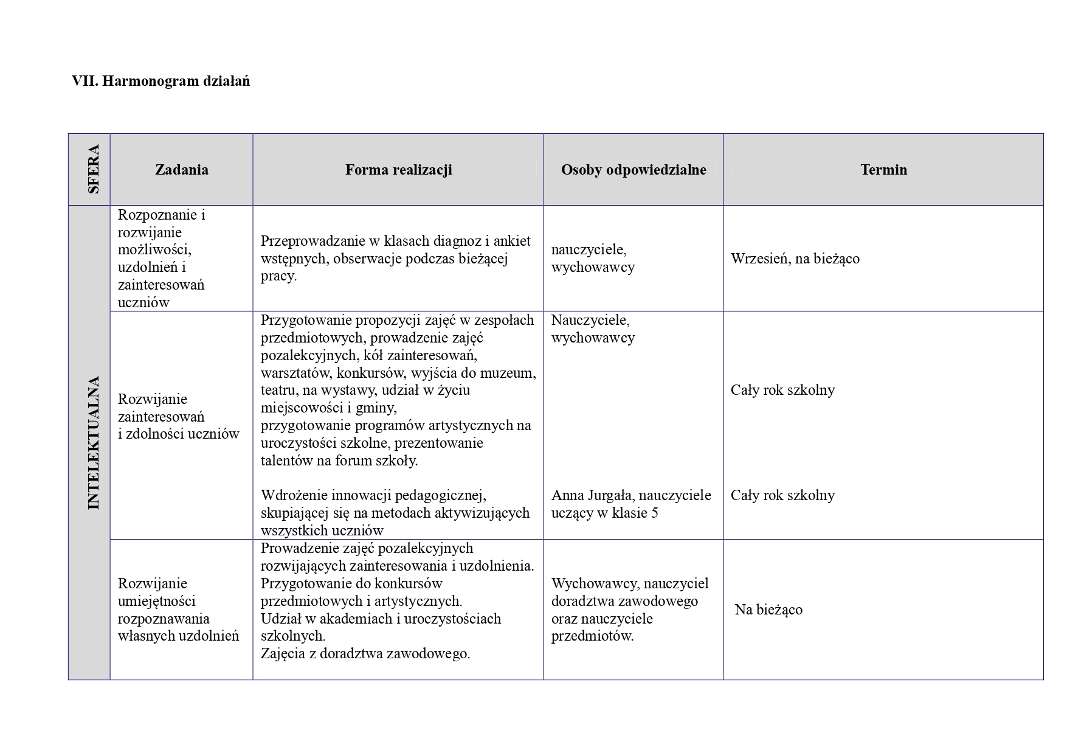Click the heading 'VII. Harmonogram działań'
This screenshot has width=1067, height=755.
161,81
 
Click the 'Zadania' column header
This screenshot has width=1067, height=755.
181,170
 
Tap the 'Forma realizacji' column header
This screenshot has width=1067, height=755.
398,170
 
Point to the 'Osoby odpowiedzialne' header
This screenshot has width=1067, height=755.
633,170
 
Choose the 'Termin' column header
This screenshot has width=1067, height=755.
883,170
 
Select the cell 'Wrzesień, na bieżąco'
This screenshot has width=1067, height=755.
795,259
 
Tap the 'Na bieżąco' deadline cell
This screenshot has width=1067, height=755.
768,610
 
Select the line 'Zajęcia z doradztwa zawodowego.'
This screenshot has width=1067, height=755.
365,654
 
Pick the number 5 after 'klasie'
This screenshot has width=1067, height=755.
654,513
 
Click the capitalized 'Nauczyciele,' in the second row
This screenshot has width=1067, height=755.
590,320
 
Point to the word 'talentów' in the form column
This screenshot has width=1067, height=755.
287,461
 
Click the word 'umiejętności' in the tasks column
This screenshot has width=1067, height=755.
156,601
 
